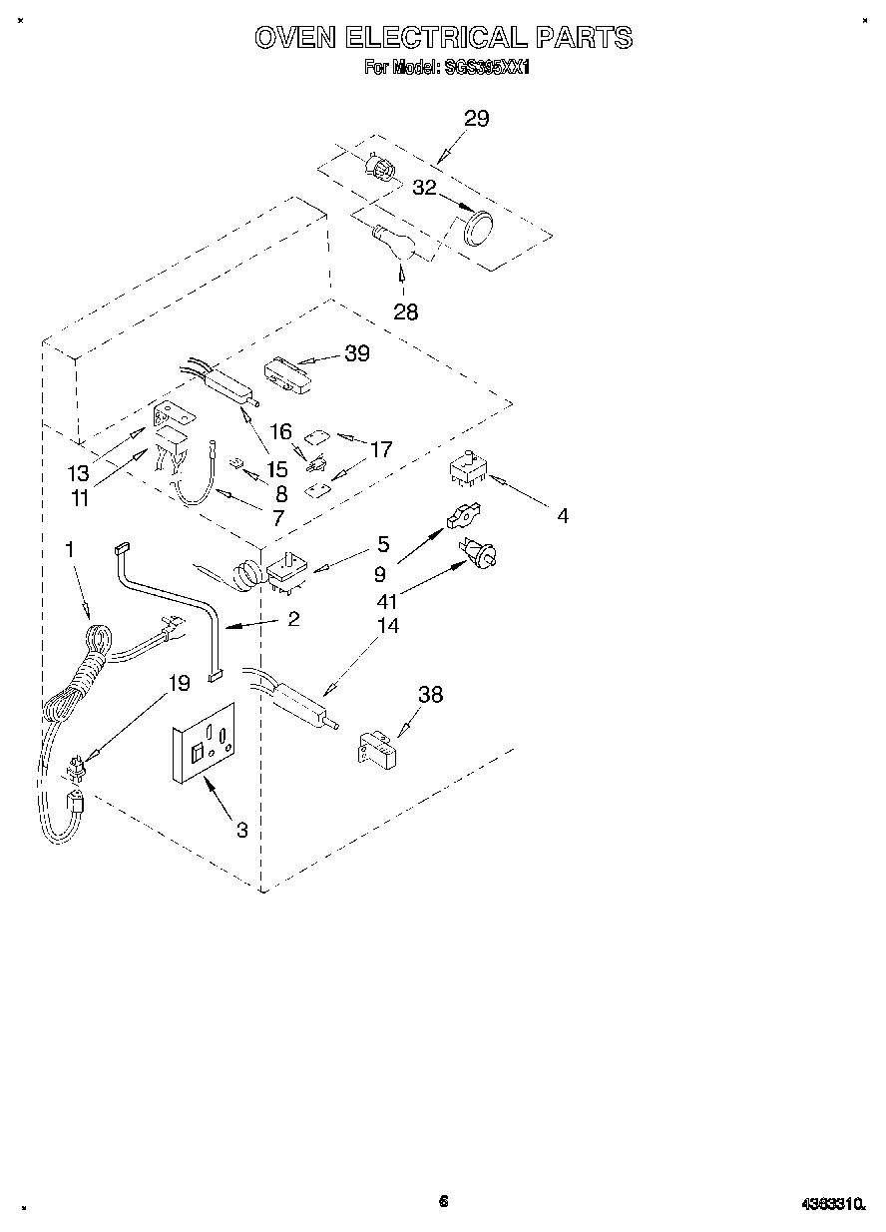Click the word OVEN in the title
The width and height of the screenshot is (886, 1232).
pyautogui.click(x=295, y=38)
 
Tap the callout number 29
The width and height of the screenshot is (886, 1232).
pyautogui.click(x=476, y=119)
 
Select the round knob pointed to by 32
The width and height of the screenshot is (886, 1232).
pyautogui.click(x=479, y=227)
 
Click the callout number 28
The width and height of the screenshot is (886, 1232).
pyautogui.click(x=405, y=311)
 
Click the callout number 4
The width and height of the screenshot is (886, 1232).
pyautogui.click(x=563, y=515)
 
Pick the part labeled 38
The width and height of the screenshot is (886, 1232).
pyautogui.click(x=375, y=748)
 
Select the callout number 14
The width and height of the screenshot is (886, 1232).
pyautogui.click(x=387, y=626)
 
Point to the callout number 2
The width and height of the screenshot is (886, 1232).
pyautogui.click(x=292, y=618)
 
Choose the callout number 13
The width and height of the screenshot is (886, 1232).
pyautogui.click(x=79, y=472)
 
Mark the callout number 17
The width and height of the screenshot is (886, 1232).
pyautogui.click(x=381, y=449)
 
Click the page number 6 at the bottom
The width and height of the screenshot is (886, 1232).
pyautogui.click(x=443, y=1201)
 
